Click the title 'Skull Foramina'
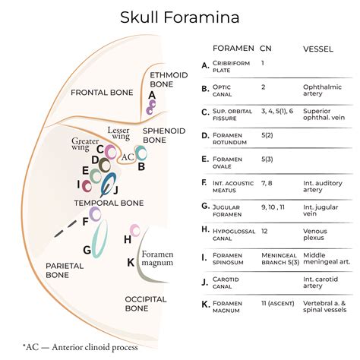coord(179,17)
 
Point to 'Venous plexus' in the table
coord(318,233)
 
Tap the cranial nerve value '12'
coord(264,229)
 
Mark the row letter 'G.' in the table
coord(205,205)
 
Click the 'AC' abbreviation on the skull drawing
coord(128,155)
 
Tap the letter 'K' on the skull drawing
coord(131,262)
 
